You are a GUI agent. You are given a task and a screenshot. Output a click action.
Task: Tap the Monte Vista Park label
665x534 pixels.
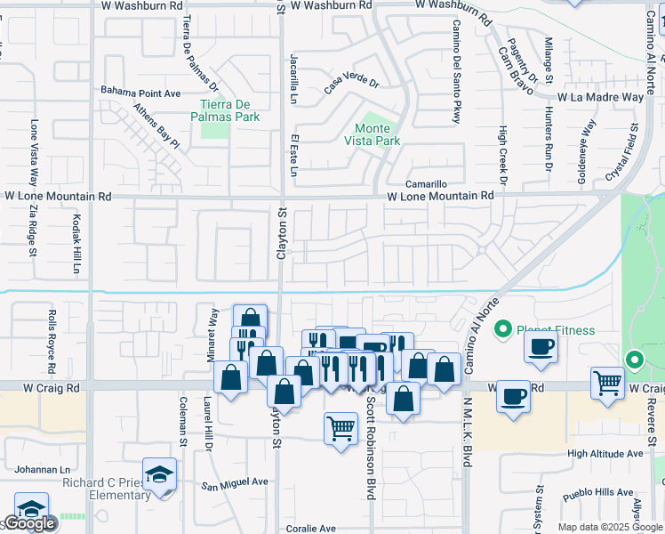coord(373,134)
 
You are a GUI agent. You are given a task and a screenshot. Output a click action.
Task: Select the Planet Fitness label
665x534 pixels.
coord(557,330)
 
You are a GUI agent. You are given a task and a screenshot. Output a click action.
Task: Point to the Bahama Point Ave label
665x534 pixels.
coord(140,92)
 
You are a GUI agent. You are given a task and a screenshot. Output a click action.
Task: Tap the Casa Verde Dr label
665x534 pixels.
coord(351,85)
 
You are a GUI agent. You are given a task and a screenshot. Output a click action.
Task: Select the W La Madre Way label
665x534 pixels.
coord(600,97)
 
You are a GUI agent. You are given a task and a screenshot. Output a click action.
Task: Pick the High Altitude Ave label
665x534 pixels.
coord(605,454)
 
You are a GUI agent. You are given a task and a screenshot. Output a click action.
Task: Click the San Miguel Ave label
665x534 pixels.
coord(234,482)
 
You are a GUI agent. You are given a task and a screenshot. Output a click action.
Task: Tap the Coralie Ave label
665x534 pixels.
coord(310,528)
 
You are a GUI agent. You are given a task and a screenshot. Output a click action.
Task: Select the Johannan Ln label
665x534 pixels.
coord(41,469)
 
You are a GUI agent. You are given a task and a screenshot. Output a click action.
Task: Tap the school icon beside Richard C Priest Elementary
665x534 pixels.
coord(160,474)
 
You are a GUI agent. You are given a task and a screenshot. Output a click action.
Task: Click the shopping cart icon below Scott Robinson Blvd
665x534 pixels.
coord(341,429)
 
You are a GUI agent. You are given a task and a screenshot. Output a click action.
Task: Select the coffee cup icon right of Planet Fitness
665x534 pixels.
coord(541,348)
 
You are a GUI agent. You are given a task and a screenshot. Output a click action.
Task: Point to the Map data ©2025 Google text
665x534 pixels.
coord(609,527)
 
